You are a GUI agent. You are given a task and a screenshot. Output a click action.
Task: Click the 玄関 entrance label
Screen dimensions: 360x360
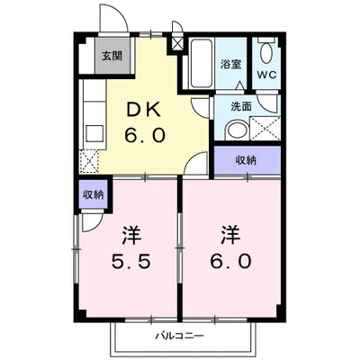pyautogui.click(x=112, y=56)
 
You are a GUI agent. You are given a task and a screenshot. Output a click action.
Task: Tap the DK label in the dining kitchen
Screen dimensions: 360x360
pyautogui.click(x=145, y=112)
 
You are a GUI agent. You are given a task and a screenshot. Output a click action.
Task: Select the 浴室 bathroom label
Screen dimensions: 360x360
pyautogui.click(x=231, y=64)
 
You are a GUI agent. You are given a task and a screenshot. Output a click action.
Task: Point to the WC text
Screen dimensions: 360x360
pyautogui.click(x=266, y=75)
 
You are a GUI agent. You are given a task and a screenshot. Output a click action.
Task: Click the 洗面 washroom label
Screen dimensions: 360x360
pyautogui.click(x=241, y=107)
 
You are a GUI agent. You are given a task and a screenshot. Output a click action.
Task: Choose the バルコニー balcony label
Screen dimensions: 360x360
pyautogui.click(x=180, y=336)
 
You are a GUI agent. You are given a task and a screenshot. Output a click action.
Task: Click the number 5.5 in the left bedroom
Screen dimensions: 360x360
pyautogui.click(x=130, y=261)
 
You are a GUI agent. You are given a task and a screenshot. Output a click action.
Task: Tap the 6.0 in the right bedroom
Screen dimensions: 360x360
pyautogui.click(x=230, y=261)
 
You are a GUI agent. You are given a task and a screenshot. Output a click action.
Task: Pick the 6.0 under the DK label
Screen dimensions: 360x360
pyautogui.click(x=145, y=135)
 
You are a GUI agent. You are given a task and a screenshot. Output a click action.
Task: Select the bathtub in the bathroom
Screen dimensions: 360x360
pyautogui.click(x=202, y=63)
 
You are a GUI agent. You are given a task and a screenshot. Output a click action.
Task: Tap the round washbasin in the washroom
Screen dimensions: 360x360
pyautogui.click(x=237, y=130)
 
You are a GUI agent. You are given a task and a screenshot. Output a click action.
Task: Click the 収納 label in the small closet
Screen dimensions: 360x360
pyautogui.click(x=94, y=195)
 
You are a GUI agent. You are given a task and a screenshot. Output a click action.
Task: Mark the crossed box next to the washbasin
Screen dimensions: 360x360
pyautogui.click(x=265, y=129)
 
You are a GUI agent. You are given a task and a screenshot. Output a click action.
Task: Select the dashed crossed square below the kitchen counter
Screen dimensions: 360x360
pyautogui.click(x=89, y=161)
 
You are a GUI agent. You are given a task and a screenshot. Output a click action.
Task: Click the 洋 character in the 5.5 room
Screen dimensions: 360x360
pyautogui.click(x=131, y=236)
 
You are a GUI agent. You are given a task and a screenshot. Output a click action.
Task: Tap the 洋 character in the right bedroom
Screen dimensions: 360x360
pyautogui.click(x=231, y=235)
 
